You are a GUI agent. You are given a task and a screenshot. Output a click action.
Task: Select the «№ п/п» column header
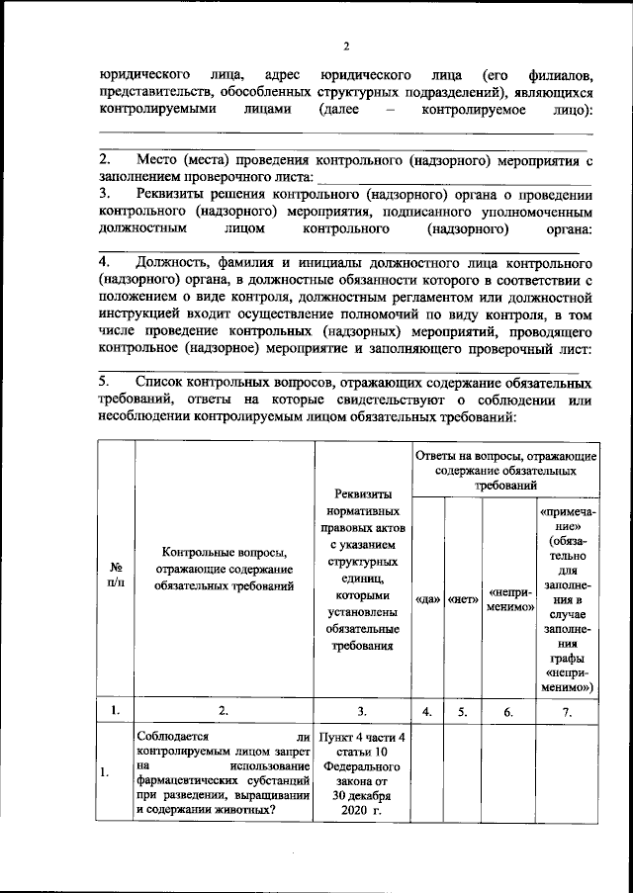tap(116, 576)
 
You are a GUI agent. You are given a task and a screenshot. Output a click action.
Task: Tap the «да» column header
tap(427, 599)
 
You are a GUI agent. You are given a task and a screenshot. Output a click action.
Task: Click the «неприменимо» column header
tap(508, 599)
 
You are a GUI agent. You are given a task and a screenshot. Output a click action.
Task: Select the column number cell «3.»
tap(362, 709)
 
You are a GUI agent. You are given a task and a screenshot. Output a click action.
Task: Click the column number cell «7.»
tap(566, 709)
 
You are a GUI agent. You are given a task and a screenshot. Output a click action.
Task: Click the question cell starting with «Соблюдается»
tap(225, 772)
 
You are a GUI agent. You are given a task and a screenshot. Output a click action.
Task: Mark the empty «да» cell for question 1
tap(427, 774)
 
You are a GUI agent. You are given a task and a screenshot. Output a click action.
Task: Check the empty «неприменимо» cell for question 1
tap(508, 774)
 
